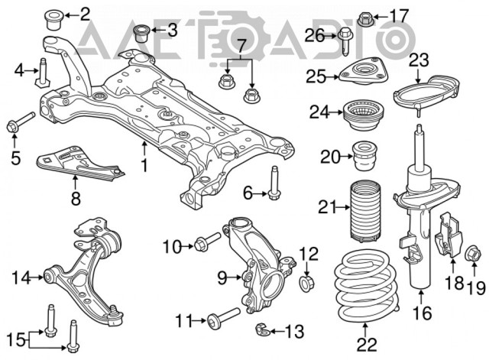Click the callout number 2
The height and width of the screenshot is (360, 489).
tap(84, 12)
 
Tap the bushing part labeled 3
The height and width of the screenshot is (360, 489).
tap(141, 34)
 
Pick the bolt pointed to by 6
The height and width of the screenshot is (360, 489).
tap(274, 183)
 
